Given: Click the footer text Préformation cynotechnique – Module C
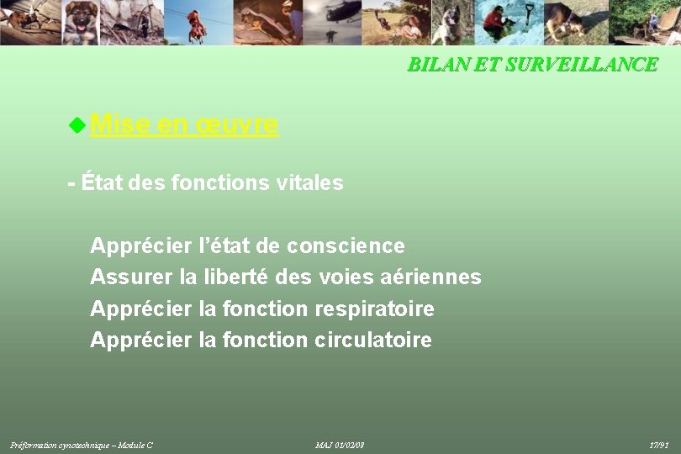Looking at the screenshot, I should pyautogui.click(x=82, y=445).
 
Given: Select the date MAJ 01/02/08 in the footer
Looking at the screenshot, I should pyautogui.click(x=340, y=445).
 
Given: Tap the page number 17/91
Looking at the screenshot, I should pyautogui.click(x=659, y=445).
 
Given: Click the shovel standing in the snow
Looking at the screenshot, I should pyautogui.click(x=529, y=17).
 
